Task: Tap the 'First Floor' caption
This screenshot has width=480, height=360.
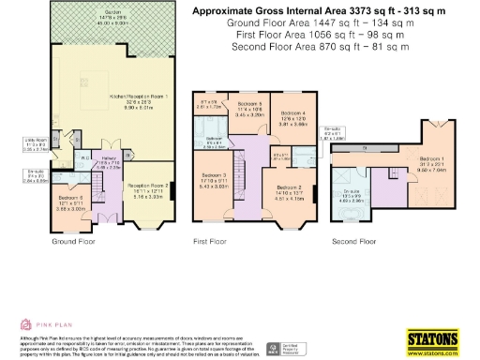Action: (212, 241)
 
